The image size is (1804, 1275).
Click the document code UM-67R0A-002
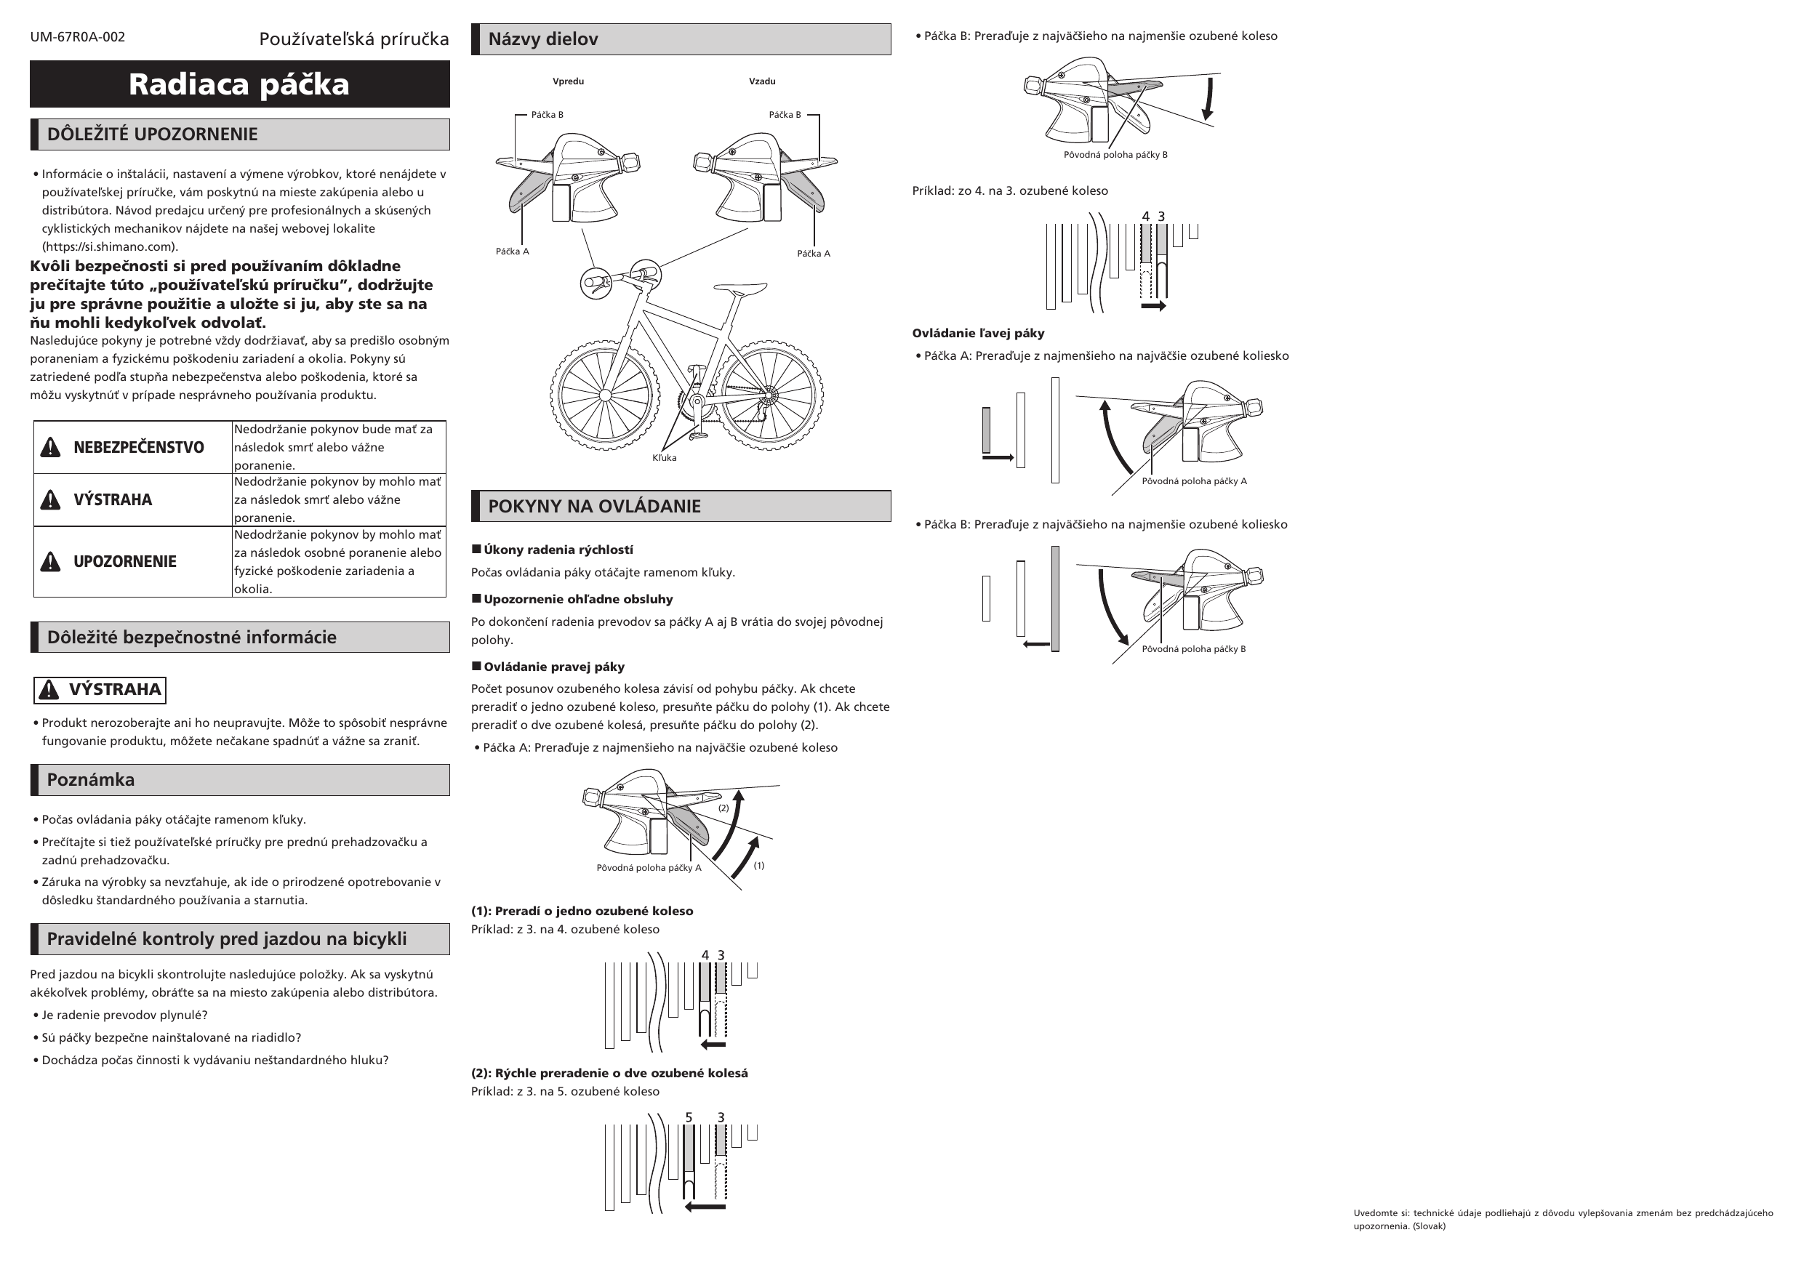[x=77, y=37]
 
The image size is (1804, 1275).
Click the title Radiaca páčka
[x=238, y=84]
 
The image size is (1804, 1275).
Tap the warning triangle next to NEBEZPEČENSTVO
[x=50, y=447]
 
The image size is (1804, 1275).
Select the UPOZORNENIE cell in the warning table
[x=124, y=562]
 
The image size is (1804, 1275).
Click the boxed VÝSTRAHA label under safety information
[x=100, y=690]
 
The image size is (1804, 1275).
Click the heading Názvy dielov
[x=543, y=39]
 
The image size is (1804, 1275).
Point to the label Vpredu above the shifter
[x=568, y=81]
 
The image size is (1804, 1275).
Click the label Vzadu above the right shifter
[x=762, y=81]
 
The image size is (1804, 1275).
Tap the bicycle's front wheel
[x=604, y=395]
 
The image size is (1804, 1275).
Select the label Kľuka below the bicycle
[x=664, y=458]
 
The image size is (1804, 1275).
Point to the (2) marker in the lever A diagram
[x=723, y=808]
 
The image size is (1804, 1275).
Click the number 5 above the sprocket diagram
[x=689, y=1117]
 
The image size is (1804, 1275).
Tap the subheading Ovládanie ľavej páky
[x=978, y=333]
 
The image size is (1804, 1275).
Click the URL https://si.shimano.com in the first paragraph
[x=109, y=246]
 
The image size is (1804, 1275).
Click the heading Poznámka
[x=90, y=780]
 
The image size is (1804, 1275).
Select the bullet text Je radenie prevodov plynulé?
[x=124, y=1015]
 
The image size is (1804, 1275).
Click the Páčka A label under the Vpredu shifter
[x=513, y=252]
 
